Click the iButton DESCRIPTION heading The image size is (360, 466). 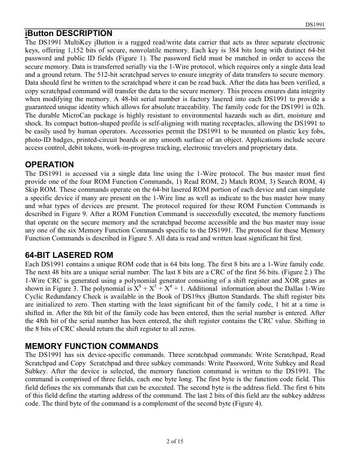pos(69,33)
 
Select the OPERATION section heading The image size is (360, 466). pos(49,165)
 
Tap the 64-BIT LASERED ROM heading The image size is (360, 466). pos(69,255)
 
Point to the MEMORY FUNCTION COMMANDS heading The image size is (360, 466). pos(92,346)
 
